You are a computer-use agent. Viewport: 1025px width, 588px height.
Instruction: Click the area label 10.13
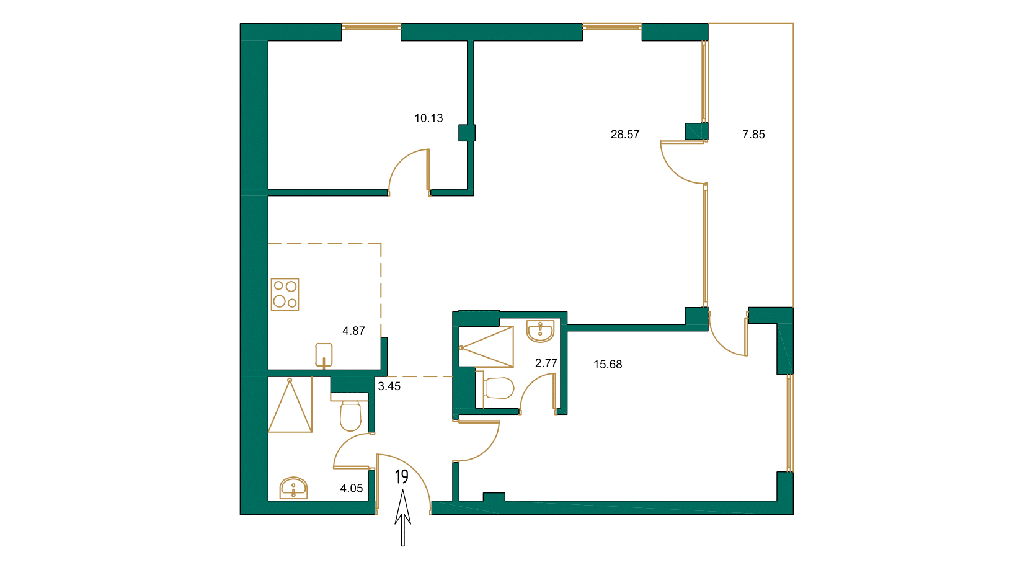click(428, 118)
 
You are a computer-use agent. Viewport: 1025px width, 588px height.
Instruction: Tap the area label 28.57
click(624, 134)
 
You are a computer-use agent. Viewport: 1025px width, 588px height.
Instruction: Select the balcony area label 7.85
click(753, 134)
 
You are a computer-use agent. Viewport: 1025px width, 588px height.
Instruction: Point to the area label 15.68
click(607, 364)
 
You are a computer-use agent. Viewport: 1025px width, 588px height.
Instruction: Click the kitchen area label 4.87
click(353, 331)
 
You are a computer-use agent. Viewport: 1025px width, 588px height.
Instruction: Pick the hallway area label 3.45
click(389, 386)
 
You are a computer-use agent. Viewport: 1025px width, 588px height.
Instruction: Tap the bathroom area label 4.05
click(351, 488)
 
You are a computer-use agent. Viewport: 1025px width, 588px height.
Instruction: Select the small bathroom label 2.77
click(546, 363)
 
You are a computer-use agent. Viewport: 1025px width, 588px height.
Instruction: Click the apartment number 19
click(402, 476)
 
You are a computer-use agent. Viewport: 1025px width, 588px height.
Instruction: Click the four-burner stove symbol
click(285, 294)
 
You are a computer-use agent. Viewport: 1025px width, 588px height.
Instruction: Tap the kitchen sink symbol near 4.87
click(324, 355)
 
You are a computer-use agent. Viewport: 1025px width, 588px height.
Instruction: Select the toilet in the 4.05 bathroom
click(350, 415)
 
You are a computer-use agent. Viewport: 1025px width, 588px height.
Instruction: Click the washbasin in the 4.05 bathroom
click(293, 488)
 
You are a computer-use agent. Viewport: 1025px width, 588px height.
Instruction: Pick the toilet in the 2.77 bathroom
click(499, 388)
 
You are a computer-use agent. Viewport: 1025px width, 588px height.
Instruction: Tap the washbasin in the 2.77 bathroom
click(540, 331)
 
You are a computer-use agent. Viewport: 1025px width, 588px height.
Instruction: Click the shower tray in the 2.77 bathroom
click(486, 347)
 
